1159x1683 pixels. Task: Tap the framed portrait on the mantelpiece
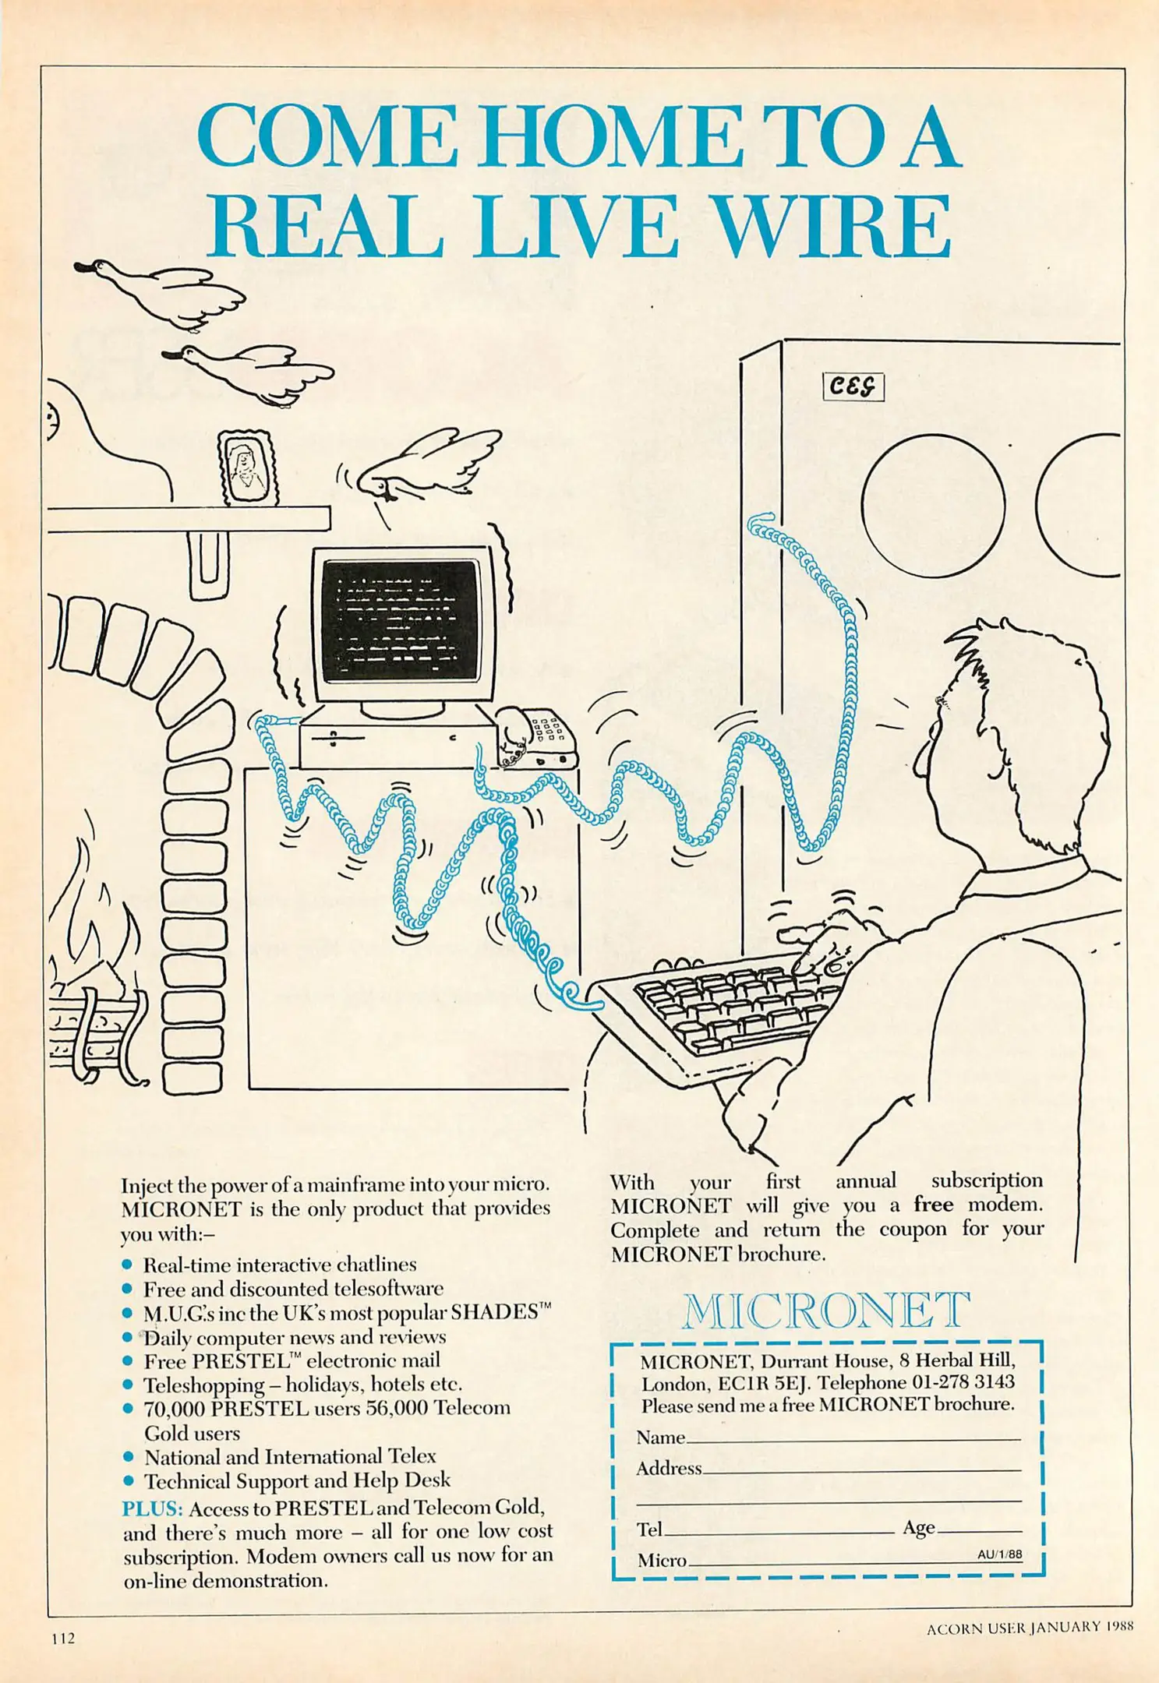pos(249,467)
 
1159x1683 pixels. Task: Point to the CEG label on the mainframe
pos(853,386)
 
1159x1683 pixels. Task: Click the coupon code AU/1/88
pos(1000,1554)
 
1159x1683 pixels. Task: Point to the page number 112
pos(63,1638)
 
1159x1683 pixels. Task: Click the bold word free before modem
pos(934,1205)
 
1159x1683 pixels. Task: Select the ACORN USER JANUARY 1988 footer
pos(1030,1627)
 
